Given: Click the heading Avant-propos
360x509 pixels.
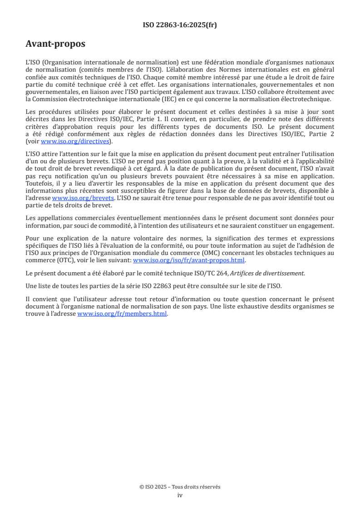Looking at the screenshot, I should tap(55, 44).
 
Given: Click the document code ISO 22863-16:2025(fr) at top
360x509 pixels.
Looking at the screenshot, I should tap(180, 25).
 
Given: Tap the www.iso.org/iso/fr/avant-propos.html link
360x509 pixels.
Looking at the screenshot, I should tap(188, 260).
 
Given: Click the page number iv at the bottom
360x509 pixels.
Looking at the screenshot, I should tap(180, 495).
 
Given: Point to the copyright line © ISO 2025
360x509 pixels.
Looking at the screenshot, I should tap(180, 487).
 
